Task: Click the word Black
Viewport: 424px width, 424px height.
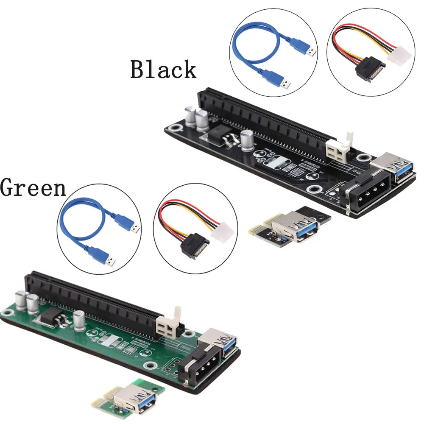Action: (163, 70)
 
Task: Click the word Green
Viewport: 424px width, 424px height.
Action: (33, 187)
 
